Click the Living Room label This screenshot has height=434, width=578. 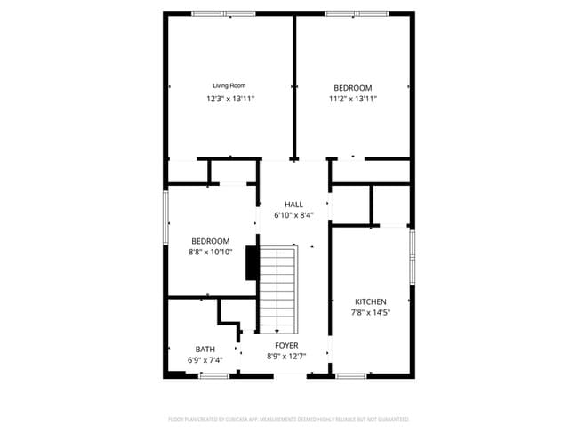[x=229, y=86]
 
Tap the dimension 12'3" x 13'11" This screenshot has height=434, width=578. [x=230, y=99]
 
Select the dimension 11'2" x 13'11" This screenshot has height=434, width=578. [x=353, y=99]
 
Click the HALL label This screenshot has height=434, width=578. [x=293, y=205]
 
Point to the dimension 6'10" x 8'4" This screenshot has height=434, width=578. [x=293, y=215]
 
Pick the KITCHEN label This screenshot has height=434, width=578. [x=370, y=302]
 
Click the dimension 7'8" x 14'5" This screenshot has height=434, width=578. [x=370, y=313]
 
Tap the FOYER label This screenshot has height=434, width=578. [x=286, y=345]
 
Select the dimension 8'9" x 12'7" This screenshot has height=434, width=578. [x=286, y=357]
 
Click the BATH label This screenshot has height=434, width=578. [x=205, y=349]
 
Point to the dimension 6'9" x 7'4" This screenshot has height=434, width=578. [x=205, y=360]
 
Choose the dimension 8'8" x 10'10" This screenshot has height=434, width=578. [x=211, y=253]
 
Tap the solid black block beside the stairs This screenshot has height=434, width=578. [x=251, y=262]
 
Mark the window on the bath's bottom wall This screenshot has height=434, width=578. [x=213, y=375]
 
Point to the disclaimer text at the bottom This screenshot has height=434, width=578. [x=288, y=418]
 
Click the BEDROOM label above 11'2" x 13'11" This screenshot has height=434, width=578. [x=353, y=87]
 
